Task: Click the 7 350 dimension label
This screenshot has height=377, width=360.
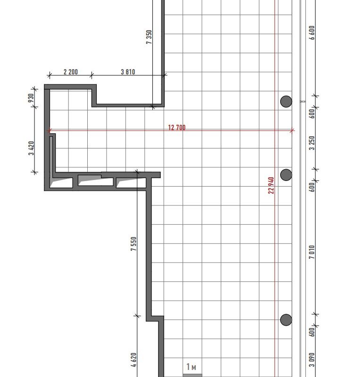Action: click(x=149, y=37)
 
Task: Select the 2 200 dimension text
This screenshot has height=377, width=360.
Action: click(x=71, y=72)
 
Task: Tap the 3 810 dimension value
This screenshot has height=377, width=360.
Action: click(x=128, y=72)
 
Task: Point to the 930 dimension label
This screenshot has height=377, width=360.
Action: click(x=31, y=98)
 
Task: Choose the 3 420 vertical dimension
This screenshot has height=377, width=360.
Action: click(x=32, y=148)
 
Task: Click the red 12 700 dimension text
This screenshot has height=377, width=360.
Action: click(x=177, y=127)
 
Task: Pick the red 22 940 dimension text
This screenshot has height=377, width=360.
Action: click(x=271, y=185)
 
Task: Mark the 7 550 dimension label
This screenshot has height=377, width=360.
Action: click(x=134, y=244)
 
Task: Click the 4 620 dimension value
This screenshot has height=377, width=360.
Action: click(x=134, y=360)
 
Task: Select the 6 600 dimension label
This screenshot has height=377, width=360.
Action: click(x=312, y=33)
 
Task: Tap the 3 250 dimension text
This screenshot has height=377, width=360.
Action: click(x=312, y=143)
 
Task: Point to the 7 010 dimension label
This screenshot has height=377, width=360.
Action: click(x=312, y=252)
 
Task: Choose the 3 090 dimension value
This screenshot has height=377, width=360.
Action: click(x=312, y=360)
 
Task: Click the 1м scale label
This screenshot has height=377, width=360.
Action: click(x=191, y=367)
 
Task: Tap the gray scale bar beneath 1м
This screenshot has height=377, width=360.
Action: click(x=193, y=375)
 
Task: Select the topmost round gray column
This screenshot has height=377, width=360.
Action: click(x=286, y=101)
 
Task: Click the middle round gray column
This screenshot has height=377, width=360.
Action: click(x=286, y=174)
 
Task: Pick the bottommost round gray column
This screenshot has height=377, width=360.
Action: click(x=286, y=320)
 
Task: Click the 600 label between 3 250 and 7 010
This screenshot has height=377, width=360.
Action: click(x=312, y=187)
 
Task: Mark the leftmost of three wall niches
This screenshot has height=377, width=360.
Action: click(x=61, y=182)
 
